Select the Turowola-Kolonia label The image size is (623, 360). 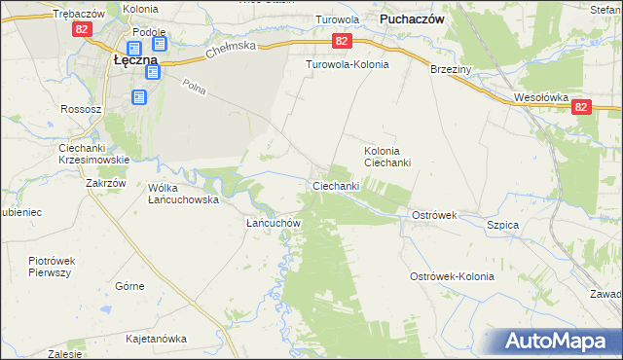tap(348, 64)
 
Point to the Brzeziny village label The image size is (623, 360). tap(452, 69)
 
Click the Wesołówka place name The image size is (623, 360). tap(540, 97)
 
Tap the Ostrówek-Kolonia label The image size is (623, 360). tap(452, 276)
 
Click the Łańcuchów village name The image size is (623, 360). tap(271, 222)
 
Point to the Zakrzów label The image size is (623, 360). tap(106, 182)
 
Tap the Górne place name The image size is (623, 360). tap(129, 286)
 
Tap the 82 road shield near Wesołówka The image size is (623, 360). tap(581, 106)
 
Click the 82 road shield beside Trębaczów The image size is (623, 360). tap(80, 30)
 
